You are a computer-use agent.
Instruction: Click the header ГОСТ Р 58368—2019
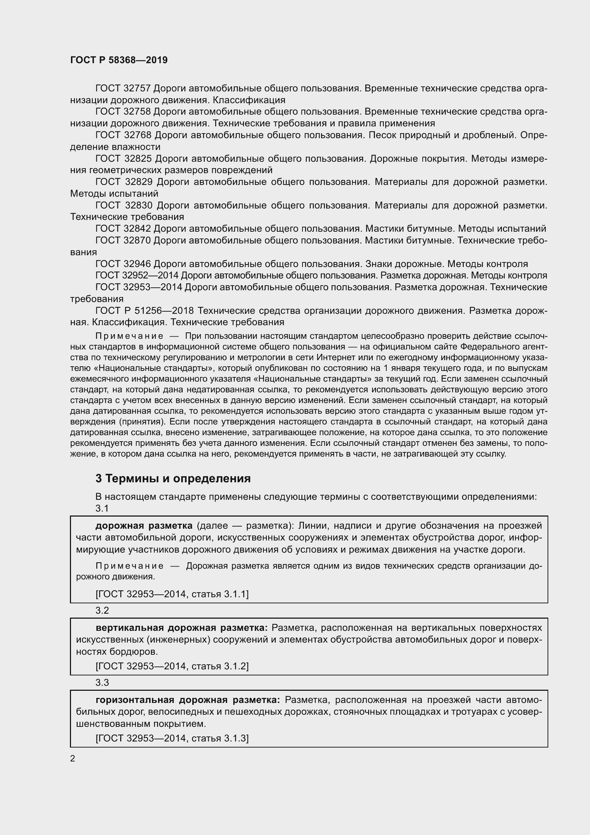[x=119, y=60]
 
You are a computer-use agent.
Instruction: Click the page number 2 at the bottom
[x=73, y=758]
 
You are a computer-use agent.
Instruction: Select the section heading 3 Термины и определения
[x=173, y=478]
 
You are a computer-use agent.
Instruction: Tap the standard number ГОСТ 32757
[x=123, y=89]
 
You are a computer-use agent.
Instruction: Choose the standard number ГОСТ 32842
[x=123, y=228]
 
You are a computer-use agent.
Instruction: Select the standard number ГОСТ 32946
[x=123, y=264]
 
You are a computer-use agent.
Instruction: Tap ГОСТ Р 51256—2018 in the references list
[x=144, y=311]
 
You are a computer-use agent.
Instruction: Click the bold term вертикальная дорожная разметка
[x=182, y=627]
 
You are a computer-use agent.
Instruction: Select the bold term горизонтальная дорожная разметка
[x=188, y=700]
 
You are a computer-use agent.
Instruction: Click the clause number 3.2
[x=102, y=610]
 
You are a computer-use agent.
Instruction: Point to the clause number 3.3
[x=102, y=682]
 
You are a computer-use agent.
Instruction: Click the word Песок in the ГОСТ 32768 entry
[x=382, y=135]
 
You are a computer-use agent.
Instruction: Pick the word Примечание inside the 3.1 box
[x=129, y=566]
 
